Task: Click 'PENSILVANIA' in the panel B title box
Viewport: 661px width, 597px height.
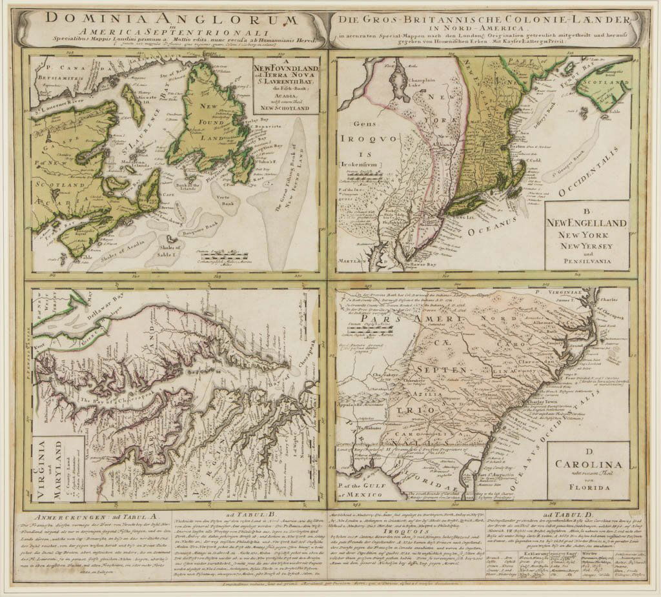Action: tap(585, 263)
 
